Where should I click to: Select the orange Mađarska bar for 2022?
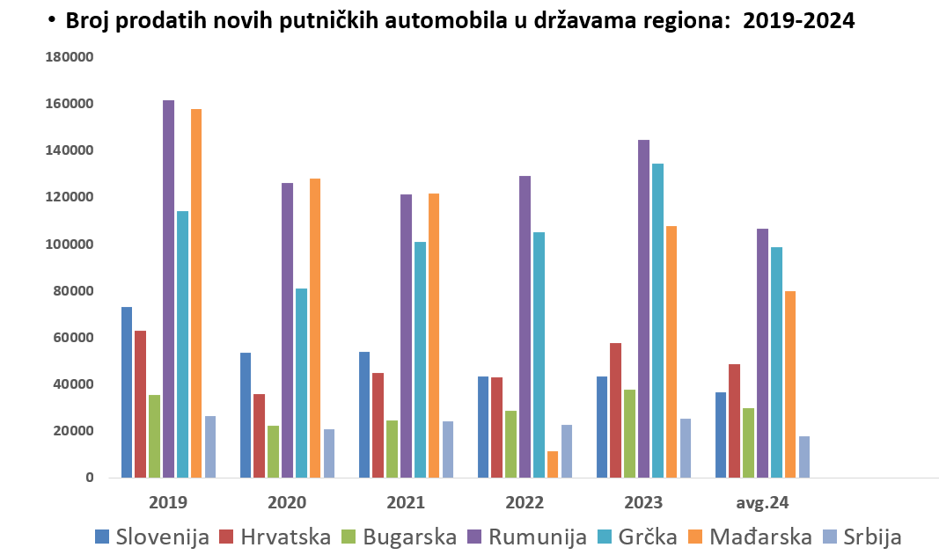coord(553,464)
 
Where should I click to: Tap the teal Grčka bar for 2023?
coord(657,320)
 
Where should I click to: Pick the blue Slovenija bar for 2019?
coord(127,392)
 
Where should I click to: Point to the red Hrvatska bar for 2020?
coord(259,435)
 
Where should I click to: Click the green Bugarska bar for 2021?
coord(392,449)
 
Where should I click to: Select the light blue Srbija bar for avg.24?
coord(804,456)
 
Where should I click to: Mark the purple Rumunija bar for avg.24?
coord(763,353)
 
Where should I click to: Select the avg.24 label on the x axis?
coord(762,503)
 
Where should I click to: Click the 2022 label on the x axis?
coord(525,503)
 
